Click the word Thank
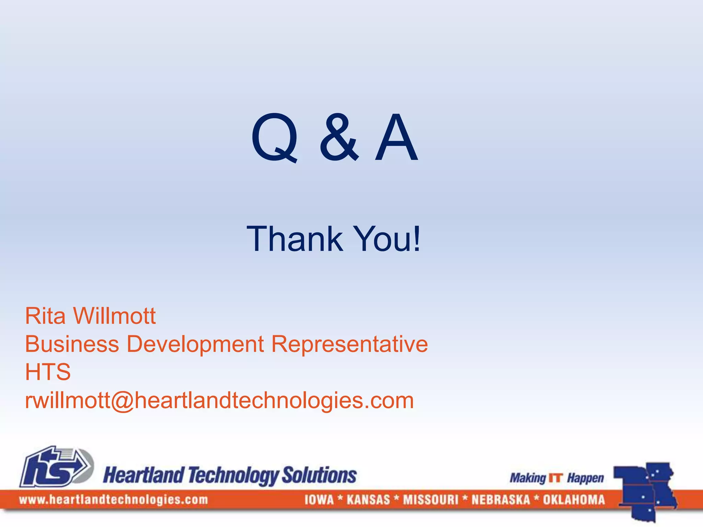pos(295,239)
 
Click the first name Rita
pos(45,316)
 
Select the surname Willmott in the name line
pos(114,316)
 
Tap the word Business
pos(72,344)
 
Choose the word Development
pos(195,345)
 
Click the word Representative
pos(349,344)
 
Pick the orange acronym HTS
pos(48,372)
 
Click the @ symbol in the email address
pos(122,401)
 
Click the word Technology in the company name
pos(233,476)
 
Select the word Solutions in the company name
pos(319,475)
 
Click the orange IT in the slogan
pos(556,478)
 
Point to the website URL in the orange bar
pos(113,500)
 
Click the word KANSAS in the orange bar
pos(368,500)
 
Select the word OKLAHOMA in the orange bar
pos(574,500)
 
